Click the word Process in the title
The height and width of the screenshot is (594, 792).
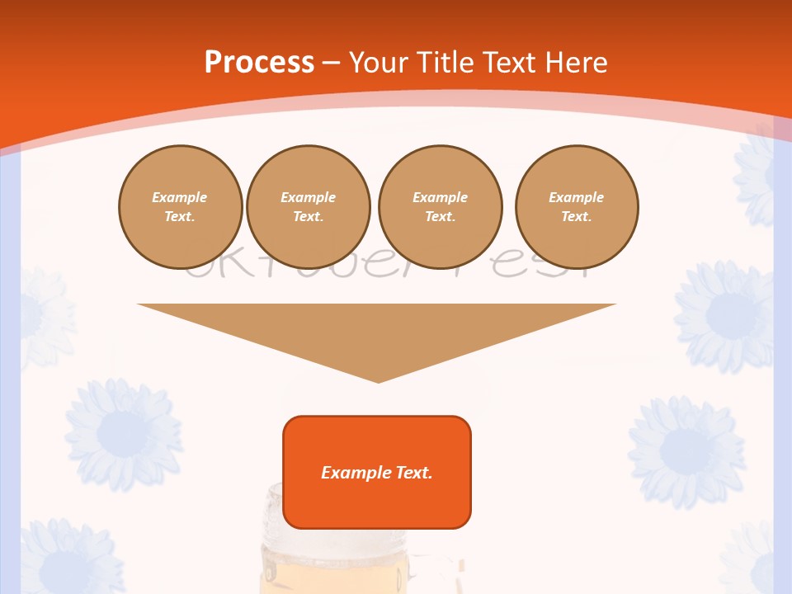(259, 63)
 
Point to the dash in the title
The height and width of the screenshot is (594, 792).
(332, 64)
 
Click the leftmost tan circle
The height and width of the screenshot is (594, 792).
(180, 206)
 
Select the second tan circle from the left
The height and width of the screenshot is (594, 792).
(308, 206)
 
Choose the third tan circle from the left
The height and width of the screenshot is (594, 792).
(440, 206)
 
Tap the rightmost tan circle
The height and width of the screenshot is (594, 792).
(577, 206)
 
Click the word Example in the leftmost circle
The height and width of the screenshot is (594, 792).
(180, 197)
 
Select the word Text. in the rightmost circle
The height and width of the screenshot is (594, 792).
(577, 217)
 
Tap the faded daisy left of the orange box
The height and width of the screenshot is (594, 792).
(124, 432)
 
